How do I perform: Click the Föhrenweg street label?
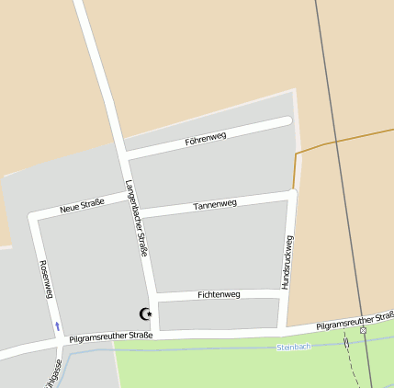click(x=205, y=138)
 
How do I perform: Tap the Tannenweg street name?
click(x=215, y=204)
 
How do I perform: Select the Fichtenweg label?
click(x=219, y=294)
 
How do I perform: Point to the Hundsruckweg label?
click(x=288, y=262)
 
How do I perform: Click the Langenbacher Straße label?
click(x=138, y=218)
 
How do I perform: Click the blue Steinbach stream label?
click(x=294, y=348)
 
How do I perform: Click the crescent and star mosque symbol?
click(x=145, y=314)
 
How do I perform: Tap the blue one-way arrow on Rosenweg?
click(x=57, y=325)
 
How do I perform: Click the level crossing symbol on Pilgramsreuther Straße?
click(x=363, y=329)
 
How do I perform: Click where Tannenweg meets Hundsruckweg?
click(x=292, y=193)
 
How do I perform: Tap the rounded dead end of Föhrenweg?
click(x=287, y=121)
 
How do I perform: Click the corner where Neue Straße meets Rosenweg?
click(x=34, y=218)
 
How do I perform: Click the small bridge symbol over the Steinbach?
click(x=346, y=342)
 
